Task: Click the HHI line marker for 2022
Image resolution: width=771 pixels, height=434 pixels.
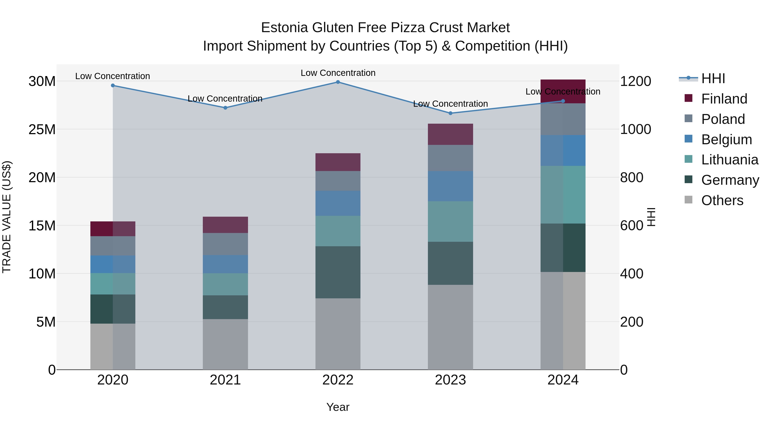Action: pos(338,82)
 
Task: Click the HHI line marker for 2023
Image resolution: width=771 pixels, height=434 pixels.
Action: pos(450,113)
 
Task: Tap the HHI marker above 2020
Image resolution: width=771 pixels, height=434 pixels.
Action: pos(113,85)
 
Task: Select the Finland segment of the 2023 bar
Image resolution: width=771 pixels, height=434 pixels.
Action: pos(450,134)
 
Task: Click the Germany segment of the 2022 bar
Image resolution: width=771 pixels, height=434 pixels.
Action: pos(338,272)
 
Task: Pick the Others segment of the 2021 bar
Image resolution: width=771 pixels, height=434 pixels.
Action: pos(225,344)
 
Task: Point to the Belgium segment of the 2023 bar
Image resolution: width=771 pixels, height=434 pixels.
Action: pos(450,186)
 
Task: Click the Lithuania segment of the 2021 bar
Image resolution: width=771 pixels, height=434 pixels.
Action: pos(225,284)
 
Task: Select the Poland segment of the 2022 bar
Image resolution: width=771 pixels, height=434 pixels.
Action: pos(338,181)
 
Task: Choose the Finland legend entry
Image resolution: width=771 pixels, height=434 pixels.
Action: pos(724,99)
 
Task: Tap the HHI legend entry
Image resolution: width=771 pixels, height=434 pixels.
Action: pos(713,78)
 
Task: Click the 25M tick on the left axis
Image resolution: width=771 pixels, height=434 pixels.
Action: pos(42,129)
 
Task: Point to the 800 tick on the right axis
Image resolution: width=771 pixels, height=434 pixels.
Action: pos(632,177)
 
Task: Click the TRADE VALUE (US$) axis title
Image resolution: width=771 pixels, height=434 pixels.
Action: pos(7,217)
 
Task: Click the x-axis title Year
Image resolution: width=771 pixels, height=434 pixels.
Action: pos(338,407)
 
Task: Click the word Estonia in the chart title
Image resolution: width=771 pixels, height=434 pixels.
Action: pos(284,28)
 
